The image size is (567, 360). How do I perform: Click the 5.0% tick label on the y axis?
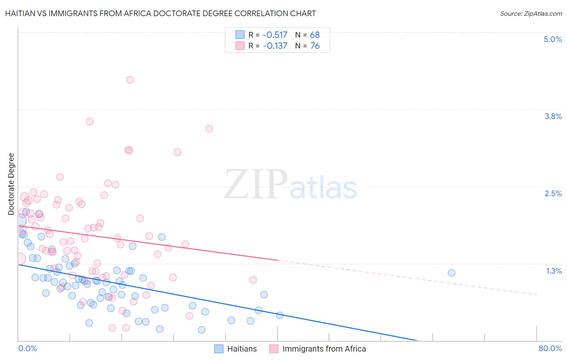pos(552,39)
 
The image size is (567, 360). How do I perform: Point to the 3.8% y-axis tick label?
pos(553,116)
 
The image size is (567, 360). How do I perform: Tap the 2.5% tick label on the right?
pos(553,193)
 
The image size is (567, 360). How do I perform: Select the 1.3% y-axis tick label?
pos(554,271)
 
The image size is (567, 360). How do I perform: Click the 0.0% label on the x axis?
pos(28,348)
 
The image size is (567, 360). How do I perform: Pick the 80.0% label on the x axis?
pos(550,348)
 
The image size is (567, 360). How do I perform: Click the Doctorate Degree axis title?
pos(11,184)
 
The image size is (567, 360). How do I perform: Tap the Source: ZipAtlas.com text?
pos(531,13)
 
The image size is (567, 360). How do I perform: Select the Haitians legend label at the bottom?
pos(242,349)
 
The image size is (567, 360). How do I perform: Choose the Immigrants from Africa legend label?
pos(324,349)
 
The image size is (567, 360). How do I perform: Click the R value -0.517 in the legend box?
pos(275,35)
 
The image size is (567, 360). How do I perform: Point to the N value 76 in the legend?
pos(315,46)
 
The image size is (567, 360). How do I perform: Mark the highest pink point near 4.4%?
pos(130,80)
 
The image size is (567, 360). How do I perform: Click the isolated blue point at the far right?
pos(452,273)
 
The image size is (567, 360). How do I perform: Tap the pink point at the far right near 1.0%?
pos(253,280)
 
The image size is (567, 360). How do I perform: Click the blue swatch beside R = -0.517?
pos(240,35)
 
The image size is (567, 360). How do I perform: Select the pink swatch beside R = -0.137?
pos(240,46)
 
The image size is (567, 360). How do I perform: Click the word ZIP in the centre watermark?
pos(255,184)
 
